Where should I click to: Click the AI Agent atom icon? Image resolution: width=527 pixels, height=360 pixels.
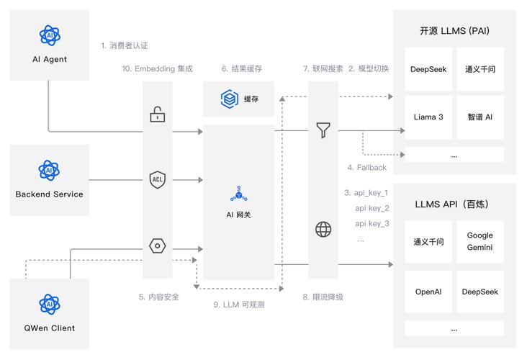pyautogui.click(x=49, y=35)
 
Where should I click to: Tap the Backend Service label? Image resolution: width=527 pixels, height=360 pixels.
pyautogui.click(x=49, y=194)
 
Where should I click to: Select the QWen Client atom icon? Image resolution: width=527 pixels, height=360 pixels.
pyautogui.click(x=49, y=304)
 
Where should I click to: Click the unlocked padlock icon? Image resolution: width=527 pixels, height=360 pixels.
pyautogui.click(x=157, y=114)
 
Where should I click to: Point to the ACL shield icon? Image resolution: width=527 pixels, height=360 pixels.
pyautogui.click(x=157, y=179)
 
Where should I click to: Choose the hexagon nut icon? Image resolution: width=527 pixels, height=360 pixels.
pyautogui.click(x=157, y=246)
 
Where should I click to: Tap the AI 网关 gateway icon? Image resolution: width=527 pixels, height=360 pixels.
pyautogui.click(x=238, y=194)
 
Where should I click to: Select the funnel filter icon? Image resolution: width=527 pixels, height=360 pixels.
pyautogui.click(x=323, y=130)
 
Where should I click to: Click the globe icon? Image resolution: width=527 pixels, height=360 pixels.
pyautogui.click(x=323, y=230)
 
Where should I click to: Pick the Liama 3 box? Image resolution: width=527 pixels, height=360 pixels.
pyautogui.click(x=428, y=117)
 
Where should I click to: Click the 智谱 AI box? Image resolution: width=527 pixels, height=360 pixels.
pyautogui.click(x=479, y=117)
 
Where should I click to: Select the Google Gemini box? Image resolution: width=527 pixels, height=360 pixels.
pyautogui.click(x=479, y=241)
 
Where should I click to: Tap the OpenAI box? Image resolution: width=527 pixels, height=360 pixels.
pyautogui.click(x=428, y=292)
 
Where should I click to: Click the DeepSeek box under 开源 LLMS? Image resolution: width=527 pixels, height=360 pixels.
pyautogui.click(x=428, y=69)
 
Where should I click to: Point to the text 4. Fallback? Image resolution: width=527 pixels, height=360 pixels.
pyautogui.click(x=367, y=168)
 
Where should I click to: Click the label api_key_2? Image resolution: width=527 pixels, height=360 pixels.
pyautogui.click(x=372, y=208)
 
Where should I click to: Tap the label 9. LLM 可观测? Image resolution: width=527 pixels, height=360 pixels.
pyautogui.click(x=240, y=305)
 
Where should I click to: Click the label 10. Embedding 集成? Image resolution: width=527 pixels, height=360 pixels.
pyautogui.click(x=157, y=69)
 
